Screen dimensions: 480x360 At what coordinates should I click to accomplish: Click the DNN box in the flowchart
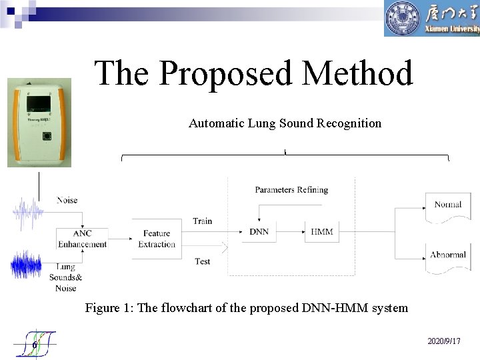coord(259,231)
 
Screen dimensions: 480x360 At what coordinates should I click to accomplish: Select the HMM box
coord(322,231)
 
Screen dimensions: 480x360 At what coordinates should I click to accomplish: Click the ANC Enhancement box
coord(82,239)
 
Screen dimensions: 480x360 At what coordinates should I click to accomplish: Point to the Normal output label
coord(447,205)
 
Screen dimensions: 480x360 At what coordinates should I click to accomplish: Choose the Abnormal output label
coord(447,255)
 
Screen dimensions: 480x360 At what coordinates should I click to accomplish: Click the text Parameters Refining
coord(291,190)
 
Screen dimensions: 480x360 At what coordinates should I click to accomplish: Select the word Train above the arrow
coord(202,221)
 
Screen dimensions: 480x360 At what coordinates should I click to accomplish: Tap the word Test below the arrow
coord(203,261)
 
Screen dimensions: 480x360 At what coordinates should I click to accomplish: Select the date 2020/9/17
coord(443,341)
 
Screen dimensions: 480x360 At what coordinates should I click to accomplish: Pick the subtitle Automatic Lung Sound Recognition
coord(285,123)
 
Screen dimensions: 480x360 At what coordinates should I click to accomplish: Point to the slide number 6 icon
coord(36,343)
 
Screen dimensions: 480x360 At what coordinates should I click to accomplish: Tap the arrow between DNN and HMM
coord(291,232)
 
